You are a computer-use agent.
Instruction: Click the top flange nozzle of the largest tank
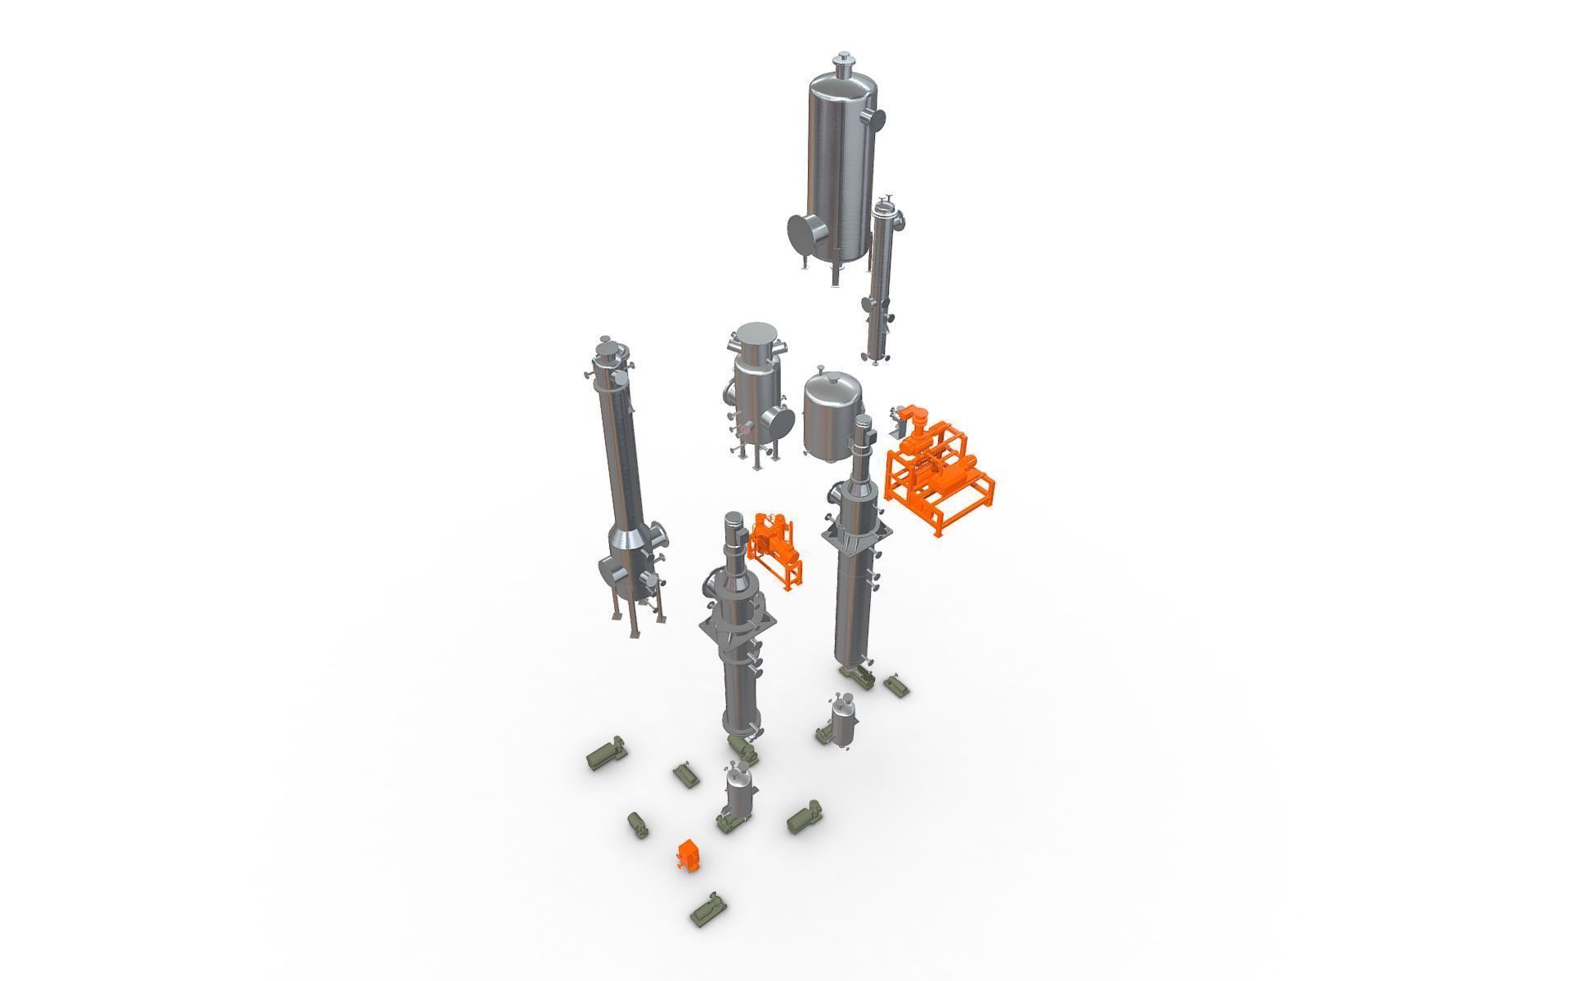tap(842, 60)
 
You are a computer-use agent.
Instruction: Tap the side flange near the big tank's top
tap(877, 119)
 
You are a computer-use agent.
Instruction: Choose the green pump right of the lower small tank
tap(805, 819)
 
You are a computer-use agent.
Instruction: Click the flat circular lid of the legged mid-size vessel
tap(756, 334)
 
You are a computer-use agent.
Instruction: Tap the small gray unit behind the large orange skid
tap(897, 422)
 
